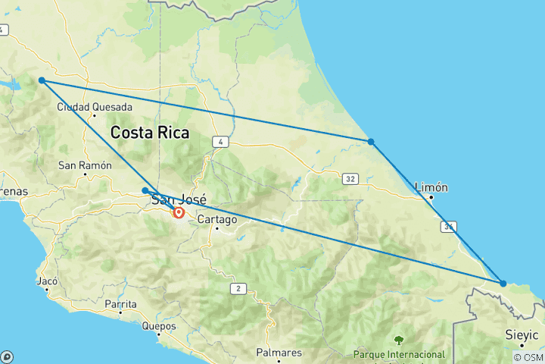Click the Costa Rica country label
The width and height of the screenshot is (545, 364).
click(x=149, y=133)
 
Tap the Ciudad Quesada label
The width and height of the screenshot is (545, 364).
click(x=95, y=107)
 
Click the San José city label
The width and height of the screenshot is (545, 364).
click(x=179, y=200)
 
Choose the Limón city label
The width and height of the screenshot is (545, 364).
click(x=431, y=187)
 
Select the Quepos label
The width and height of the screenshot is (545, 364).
click(x=158, y=326)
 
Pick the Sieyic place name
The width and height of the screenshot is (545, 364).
click(x=522, y=334)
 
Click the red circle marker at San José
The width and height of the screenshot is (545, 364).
click(x=179, y=213)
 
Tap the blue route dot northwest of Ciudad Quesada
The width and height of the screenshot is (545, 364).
click(x=42, y=80)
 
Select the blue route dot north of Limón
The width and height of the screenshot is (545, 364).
click(x=370, y=142)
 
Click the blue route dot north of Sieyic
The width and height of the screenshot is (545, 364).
click(x=503, y=284)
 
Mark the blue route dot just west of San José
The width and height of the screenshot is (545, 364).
click(x=145, y=190)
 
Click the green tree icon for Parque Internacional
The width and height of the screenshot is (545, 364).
click(x=398, y=340)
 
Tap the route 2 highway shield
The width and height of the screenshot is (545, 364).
click(x=239, y=288)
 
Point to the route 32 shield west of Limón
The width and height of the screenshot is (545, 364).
click(x=349, y=179)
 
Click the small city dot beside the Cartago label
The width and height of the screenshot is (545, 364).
click(x=216, y=227)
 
